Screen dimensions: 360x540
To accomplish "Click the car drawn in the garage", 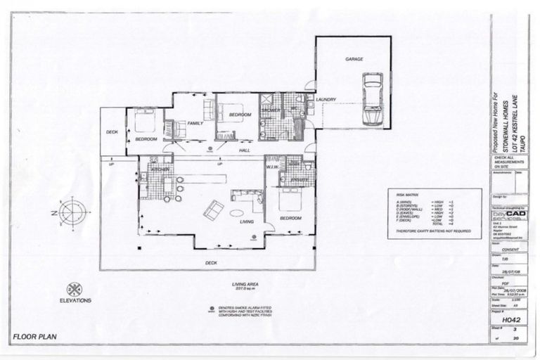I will pos(372,99).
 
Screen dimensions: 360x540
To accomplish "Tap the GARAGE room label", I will pos(354,60).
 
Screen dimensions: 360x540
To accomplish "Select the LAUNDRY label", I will pos(326,100).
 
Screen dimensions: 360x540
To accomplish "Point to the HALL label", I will pos(245,150).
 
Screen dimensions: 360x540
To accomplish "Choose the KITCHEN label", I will pos(160,170).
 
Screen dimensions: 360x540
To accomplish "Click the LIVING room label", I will pos(247,221).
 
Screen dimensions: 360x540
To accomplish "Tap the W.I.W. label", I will pos(271,167).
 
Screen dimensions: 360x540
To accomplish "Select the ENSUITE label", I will pos(299,180).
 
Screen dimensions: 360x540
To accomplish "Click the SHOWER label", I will pos(270,110).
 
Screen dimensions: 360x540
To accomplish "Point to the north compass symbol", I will pos(72,212).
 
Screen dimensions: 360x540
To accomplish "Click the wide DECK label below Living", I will pos(211,263).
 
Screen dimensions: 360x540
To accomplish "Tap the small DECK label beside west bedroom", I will pos(112,132).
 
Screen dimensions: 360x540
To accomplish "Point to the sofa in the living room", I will pos(213,209).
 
